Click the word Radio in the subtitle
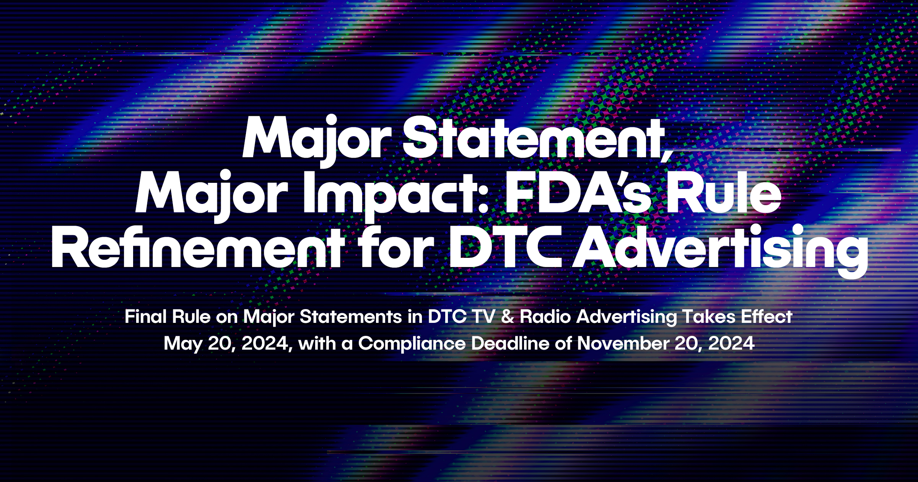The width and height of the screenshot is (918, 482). pos(545,317)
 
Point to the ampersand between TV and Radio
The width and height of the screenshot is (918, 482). pos(508,317)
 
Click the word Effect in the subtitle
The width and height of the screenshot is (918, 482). pos(767,317)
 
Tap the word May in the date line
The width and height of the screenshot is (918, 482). pos(183,344)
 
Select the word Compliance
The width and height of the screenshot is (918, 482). pos(412,344)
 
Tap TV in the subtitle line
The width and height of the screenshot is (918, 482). pos(483,317)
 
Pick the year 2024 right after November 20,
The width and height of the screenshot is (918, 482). pos(731,344)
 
